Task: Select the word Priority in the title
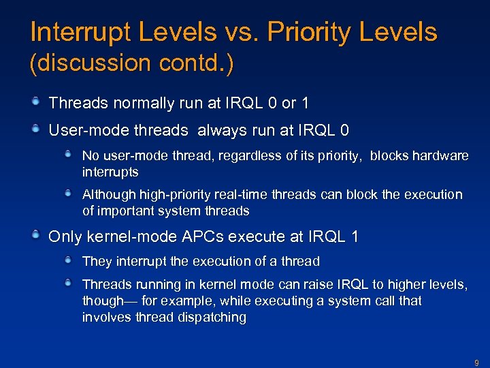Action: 312,32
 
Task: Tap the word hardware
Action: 440,156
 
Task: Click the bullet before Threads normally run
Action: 35,102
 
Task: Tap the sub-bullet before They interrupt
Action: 69,260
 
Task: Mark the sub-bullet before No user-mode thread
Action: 69,155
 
